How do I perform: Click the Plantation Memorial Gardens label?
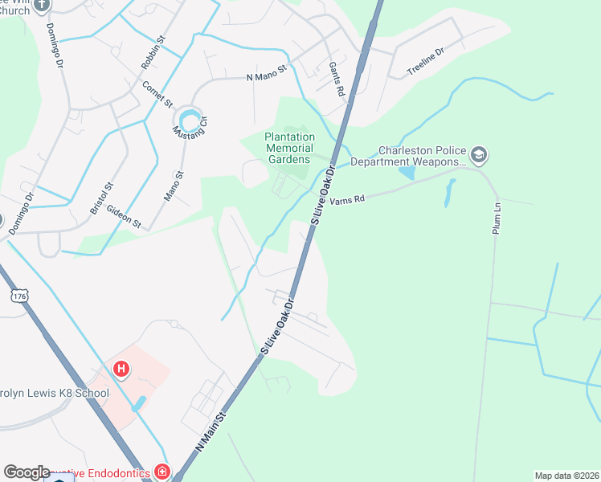click(x=287, y=148)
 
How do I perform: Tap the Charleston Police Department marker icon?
click(x=480, y=153)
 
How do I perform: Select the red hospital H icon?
click(x=121, y=370)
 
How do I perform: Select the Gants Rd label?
click(x=337, y=79)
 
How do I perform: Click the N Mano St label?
click(x=266, y=78)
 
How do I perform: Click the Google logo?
click(x=27, y=472)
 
